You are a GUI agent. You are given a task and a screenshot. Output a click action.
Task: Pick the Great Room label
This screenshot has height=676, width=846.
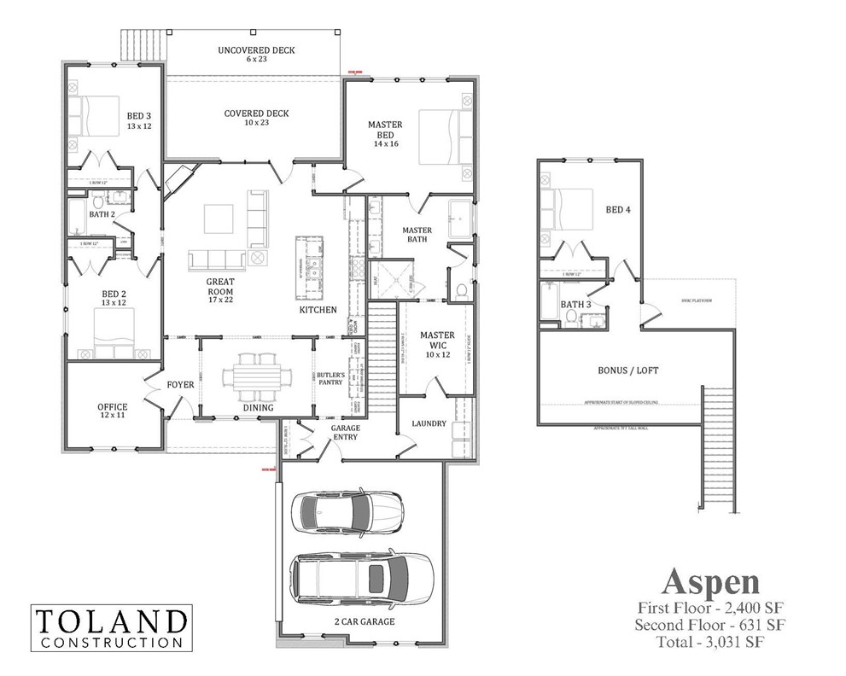(219, 287)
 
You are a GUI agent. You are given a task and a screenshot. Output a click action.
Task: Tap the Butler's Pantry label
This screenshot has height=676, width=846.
(330, 379)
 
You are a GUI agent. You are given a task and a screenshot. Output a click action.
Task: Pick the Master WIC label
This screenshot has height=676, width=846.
(438, 341)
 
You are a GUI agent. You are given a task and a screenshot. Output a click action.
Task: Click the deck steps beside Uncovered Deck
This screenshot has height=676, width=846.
(144, 45)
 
